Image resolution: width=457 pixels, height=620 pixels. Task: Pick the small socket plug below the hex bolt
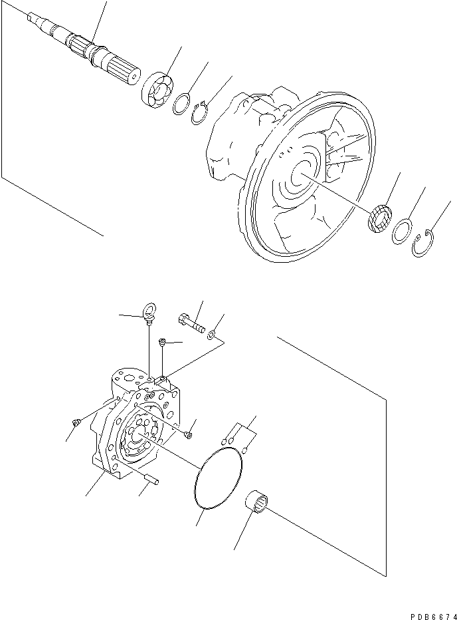click(x=161, y=343)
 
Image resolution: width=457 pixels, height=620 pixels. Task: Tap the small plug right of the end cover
click(x=188, y=435)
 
